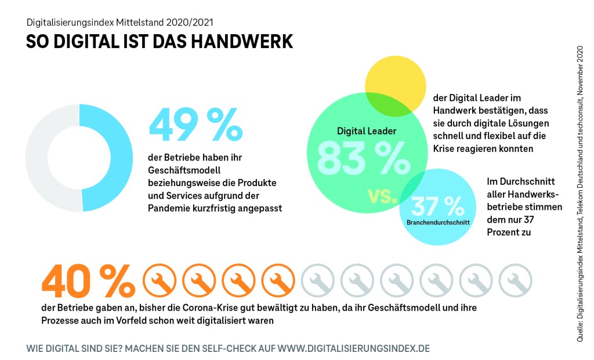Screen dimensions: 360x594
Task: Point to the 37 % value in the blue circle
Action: (438, 206)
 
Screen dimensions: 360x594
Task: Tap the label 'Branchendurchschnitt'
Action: (438, 221)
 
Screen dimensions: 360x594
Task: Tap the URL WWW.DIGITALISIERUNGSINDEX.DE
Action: (354, 349)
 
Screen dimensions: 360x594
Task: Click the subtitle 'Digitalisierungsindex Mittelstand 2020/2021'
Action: (119, 23)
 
